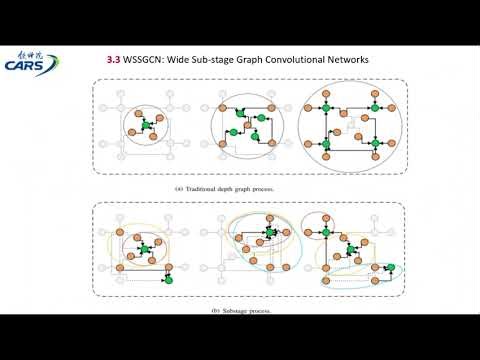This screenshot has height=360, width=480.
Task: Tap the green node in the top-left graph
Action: (x=144, y=124)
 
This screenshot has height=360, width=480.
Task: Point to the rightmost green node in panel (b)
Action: (x=390, y=268)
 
